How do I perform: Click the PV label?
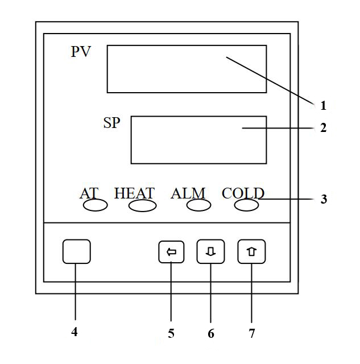point(81,52)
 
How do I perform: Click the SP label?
point(111,123)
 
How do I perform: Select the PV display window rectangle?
point(187,69)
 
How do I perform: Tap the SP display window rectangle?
point(198,140)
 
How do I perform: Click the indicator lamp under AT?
point(96,205)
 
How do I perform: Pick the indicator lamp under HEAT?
point(142,206)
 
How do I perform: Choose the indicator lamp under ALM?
point(198,205)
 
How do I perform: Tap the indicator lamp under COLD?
point(246,205)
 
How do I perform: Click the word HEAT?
point(134,193)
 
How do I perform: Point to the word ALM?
point(188,193)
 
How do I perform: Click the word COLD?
point(243,193)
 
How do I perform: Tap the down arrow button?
point(210,251)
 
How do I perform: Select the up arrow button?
point(251,251)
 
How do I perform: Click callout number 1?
point(323,105)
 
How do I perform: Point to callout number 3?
point(324,200)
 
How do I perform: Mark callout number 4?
point(75,332)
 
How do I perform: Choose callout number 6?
point(211,334)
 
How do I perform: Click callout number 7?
point(252,334)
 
